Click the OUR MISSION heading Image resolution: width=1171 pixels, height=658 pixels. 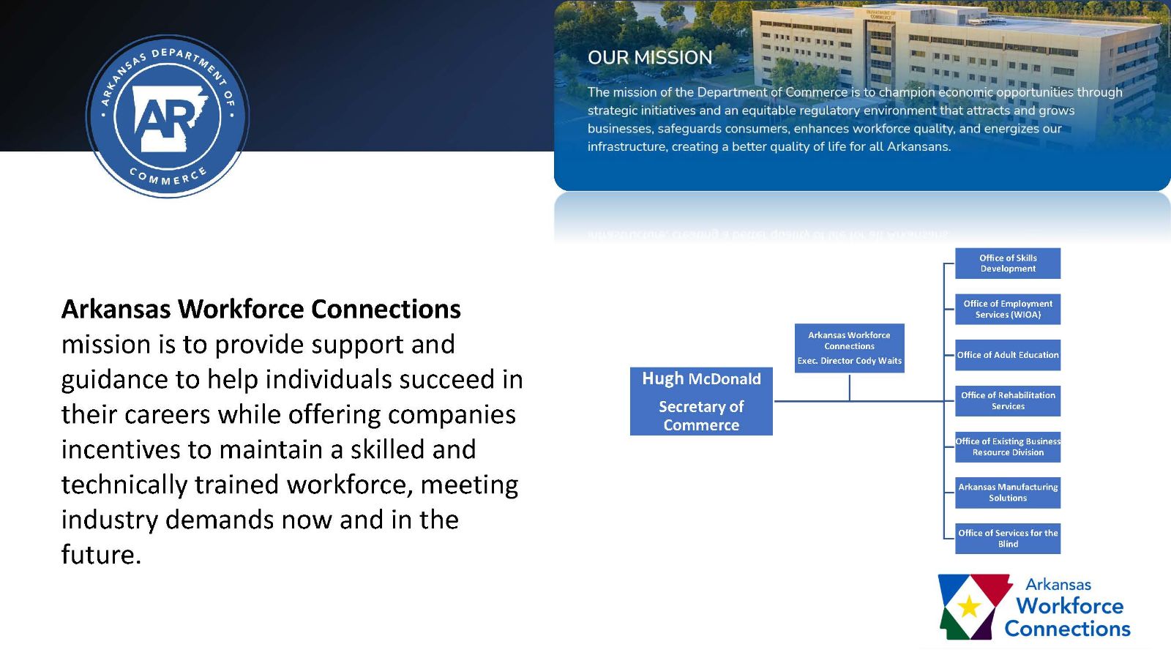(x=649, y=58)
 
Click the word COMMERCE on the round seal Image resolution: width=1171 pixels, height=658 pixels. (x=168, y=178)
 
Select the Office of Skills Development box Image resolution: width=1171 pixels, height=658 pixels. (x=1008, y=263)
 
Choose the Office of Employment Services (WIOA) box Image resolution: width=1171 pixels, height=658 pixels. (x=1008, y=309)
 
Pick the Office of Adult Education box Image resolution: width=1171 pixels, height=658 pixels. (x=1008, y=355)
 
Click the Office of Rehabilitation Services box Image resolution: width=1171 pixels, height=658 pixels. (x=1008, y=400)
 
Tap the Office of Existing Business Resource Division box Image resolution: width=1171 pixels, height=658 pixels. (x=1008, y=446)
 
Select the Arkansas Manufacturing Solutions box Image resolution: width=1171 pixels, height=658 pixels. (x=1008, y=493)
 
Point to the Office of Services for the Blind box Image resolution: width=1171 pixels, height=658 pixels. (x=1008, y=538)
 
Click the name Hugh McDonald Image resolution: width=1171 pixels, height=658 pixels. (x=701, y=379)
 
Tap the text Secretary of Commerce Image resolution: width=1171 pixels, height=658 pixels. (x=701, y=416)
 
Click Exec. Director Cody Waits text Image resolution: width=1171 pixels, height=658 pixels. (x=849, y=361)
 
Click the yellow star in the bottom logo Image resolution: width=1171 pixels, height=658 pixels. (x=969, y=606)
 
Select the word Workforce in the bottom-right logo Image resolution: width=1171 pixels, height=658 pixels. (x=1069, y=606)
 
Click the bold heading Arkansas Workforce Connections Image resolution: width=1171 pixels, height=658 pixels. (x=261, y=309)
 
